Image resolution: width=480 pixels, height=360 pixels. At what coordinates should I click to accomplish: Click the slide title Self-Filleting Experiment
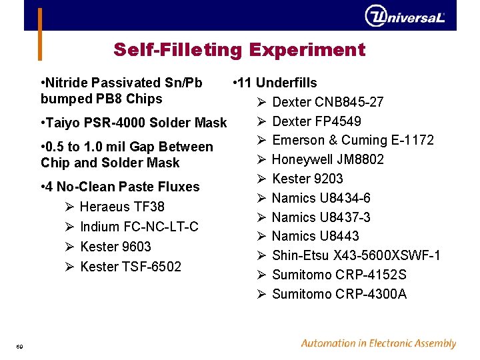point(239,50)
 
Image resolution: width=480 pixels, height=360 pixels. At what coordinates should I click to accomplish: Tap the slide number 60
point(20,345)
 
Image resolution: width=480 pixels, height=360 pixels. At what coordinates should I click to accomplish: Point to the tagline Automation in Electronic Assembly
point(378,344)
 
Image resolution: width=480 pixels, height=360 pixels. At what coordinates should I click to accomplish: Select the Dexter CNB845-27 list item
point(327,102)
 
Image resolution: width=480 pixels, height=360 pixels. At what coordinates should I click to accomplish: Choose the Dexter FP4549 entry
point(317,121)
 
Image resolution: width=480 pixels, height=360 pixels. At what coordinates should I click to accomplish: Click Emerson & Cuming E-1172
point(353,140)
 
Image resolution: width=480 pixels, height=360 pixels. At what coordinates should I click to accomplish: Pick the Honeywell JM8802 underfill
point(327,159)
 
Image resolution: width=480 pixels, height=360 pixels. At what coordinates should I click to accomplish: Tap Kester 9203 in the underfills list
point(307,179)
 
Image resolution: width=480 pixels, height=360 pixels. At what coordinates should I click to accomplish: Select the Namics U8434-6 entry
point(321,198)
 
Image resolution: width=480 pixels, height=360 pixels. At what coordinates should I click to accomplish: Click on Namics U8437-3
point(321,217)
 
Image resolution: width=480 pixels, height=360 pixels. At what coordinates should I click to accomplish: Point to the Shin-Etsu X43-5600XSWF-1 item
point(356,256)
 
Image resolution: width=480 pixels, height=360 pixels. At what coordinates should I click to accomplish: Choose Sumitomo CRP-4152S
point(339,275)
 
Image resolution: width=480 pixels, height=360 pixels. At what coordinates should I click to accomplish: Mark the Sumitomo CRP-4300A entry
point(339,295)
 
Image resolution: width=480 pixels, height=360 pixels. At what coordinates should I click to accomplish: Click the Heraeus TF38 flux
point(122,207)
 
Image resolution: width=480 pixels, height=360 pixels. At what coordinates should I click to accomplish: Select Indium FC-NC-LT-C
point(139,227)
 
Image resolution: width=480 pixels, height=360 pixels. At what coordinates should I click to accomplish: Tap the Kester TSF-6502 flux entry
point(130,267)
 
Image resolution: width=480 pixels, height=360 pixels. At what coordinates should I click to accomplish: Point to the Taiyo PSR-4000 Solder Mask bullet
point(133,123)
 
